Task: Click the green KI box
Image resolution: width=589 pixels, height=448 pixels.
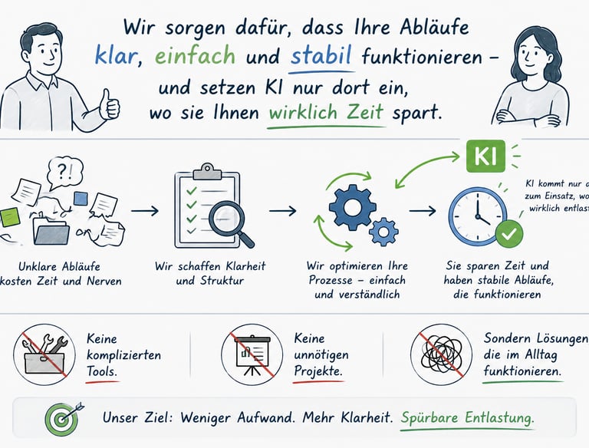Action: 487,156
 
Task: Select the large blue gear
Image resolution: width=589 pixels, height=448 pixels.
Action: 353,206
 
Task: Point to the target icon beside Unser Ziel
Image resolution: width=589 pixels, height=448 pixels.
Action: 61,420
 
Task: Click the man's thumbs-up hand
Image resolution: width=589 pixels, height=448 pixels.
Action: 110,104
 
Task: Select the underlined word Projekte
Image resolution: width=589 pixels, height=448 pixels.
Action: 318,371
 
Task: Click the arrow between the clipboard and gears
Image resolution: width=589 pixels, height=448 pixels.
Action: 281,209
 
